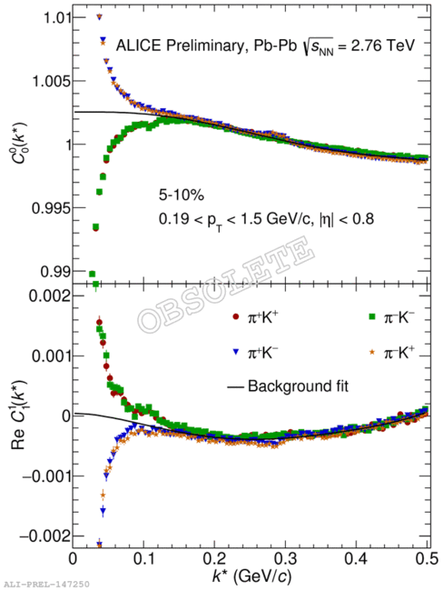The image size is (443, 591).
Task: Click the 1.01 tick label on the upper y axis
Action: click(x=56, y=17)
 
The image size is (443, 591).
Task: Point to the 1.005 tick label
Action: click(x=51, y=81)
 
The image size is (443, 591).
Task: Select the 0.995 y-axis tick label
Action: click(x=51, y=207)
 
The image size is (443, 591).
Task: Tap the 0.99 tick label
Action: click(x=54, y=271)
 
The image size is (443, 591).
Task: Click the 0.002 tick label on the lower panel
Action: click(x=51, y=296)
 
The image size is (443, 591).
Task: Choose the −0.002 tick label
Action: click(x=45, y=536)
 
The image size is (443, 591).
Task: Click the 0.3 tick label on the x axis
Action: click(x=286, y=559)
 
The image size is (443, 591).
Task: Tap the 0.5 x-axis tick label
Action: click(x=428, y=559)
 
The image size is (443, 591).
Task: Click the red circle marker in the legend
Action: click(x=236, y=317)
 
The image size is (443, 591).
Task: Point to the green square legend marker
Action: click(x=372, y=317)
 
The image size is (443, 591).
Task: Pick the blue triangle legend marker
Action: click(x=236, y=353)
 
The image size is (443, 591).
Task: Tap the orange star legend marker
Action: click(x=372, y=352)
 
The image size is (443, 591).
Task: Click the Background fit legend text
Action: click(x=298, y=386)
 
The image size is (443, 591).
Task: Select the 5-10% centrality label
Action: click(x=182, y=195)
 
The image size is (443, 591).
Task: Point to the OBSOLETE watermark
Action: click(x=226, y=285)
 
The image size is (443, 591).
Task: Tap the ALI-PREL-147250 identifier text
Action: click(x=45, y=585)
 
